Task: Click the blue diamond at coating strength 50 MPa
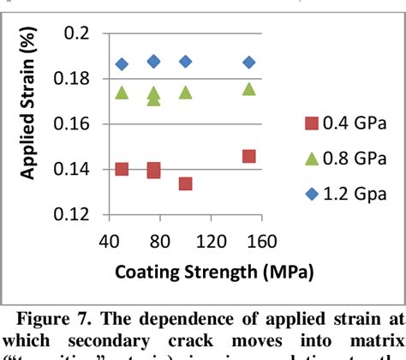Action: point(122,64)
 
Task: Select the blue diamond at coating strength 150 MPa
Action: point(249,63)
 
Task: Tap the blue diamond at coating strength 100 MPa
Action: point(185,62)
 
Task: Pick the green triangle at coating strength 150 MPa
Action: point(249,89)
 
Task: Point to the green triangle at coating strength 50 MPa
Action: point(122,93)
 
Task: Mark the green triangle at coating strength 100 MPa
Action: point(185,92)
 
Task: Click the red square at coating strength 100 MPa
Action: point(185,183)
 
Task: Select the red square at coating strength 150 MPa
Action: point(249,156)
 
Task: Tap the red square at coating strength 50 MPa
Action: point(122,169)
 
